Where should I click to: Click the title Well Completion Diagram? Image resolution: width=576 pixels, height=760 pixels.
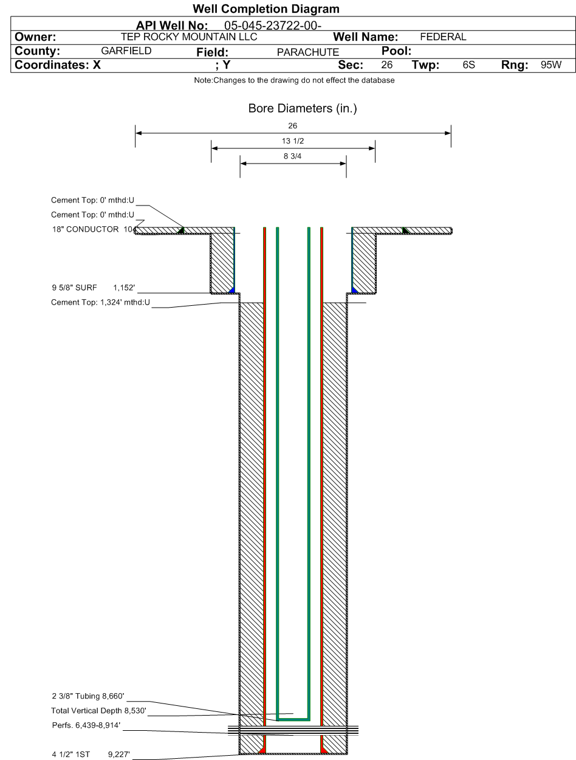click(x=266, y=9)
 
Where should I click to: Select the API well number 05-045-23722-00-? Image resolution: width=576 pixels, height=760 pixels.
click(x=273, y=26)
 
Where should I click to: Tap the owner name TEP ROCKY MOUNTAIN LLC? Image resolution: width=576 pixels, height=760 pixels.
click(x=189, y=36)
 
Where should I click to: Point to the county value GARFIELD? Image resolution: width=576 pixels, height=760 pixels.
click(x=126, y=51)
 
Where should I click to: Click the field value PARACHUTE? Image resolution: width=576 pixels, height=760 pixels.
click(x=308, y=52)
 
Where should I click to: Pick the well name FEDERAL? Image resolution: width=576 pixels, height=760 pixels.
click(x=443, y=36)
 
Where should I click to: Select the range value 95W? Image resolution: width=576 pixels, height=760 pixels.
click(x=551, y=64)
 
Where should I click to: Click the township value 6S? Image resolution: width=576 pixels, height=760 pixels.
click(x=468, y=64)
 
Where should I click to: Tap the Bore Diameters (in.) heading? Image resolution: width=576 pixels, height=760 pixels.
click(x=303, y=108)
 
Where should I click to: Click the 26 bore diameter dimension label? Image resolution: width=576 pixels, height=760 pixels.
click(x=292, y=126)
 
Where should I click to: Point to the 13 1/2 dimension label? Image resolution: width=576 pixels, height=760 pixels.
click(x=293, y=141)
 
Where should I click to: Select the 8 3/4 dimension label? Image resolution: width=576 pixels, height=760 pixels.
click(x=292, y=156)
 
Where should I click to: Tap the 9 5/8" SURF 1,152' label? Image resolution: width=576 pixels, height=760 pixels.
click(x=94, y=288)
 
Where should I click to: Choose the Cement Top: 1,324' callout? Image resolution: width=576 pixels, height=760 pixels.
click(x=100, y=302)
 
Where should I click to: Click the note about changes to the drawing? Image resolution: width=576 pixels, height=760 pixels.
click(x=294, y=80)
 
